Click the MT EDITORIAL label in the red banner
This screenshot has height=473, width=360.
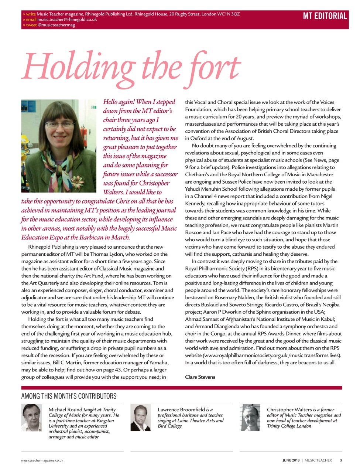[325, 16]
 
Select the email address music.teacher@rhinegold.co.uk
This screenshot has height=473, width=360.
[67, 20]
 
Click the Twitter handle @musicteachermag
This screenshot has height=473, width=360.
[56, 25]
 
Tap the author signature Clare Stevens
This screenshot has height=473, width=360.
[200, 377]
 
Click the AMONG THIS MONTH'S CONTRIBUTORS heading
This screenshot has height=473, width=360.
[69, 396]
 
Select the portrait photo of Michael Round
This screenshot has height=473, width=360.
[32, 418]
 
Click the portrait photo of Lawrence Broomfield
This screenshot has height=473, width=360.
[141, 418]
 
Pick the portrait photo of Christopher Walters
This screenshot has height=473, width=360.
[250, 418]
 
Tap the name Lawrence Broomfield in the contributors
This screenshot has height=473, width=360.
[181, 409]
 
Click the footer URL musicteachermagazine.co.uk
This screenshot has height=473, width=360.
[42, 460]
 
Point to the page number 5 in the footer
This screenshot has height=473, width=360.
[341, 460]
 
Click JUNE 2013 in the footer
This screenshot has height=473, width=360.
[291, 460]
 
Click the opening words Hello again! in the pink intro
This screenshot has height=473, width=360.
[119, 102]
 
